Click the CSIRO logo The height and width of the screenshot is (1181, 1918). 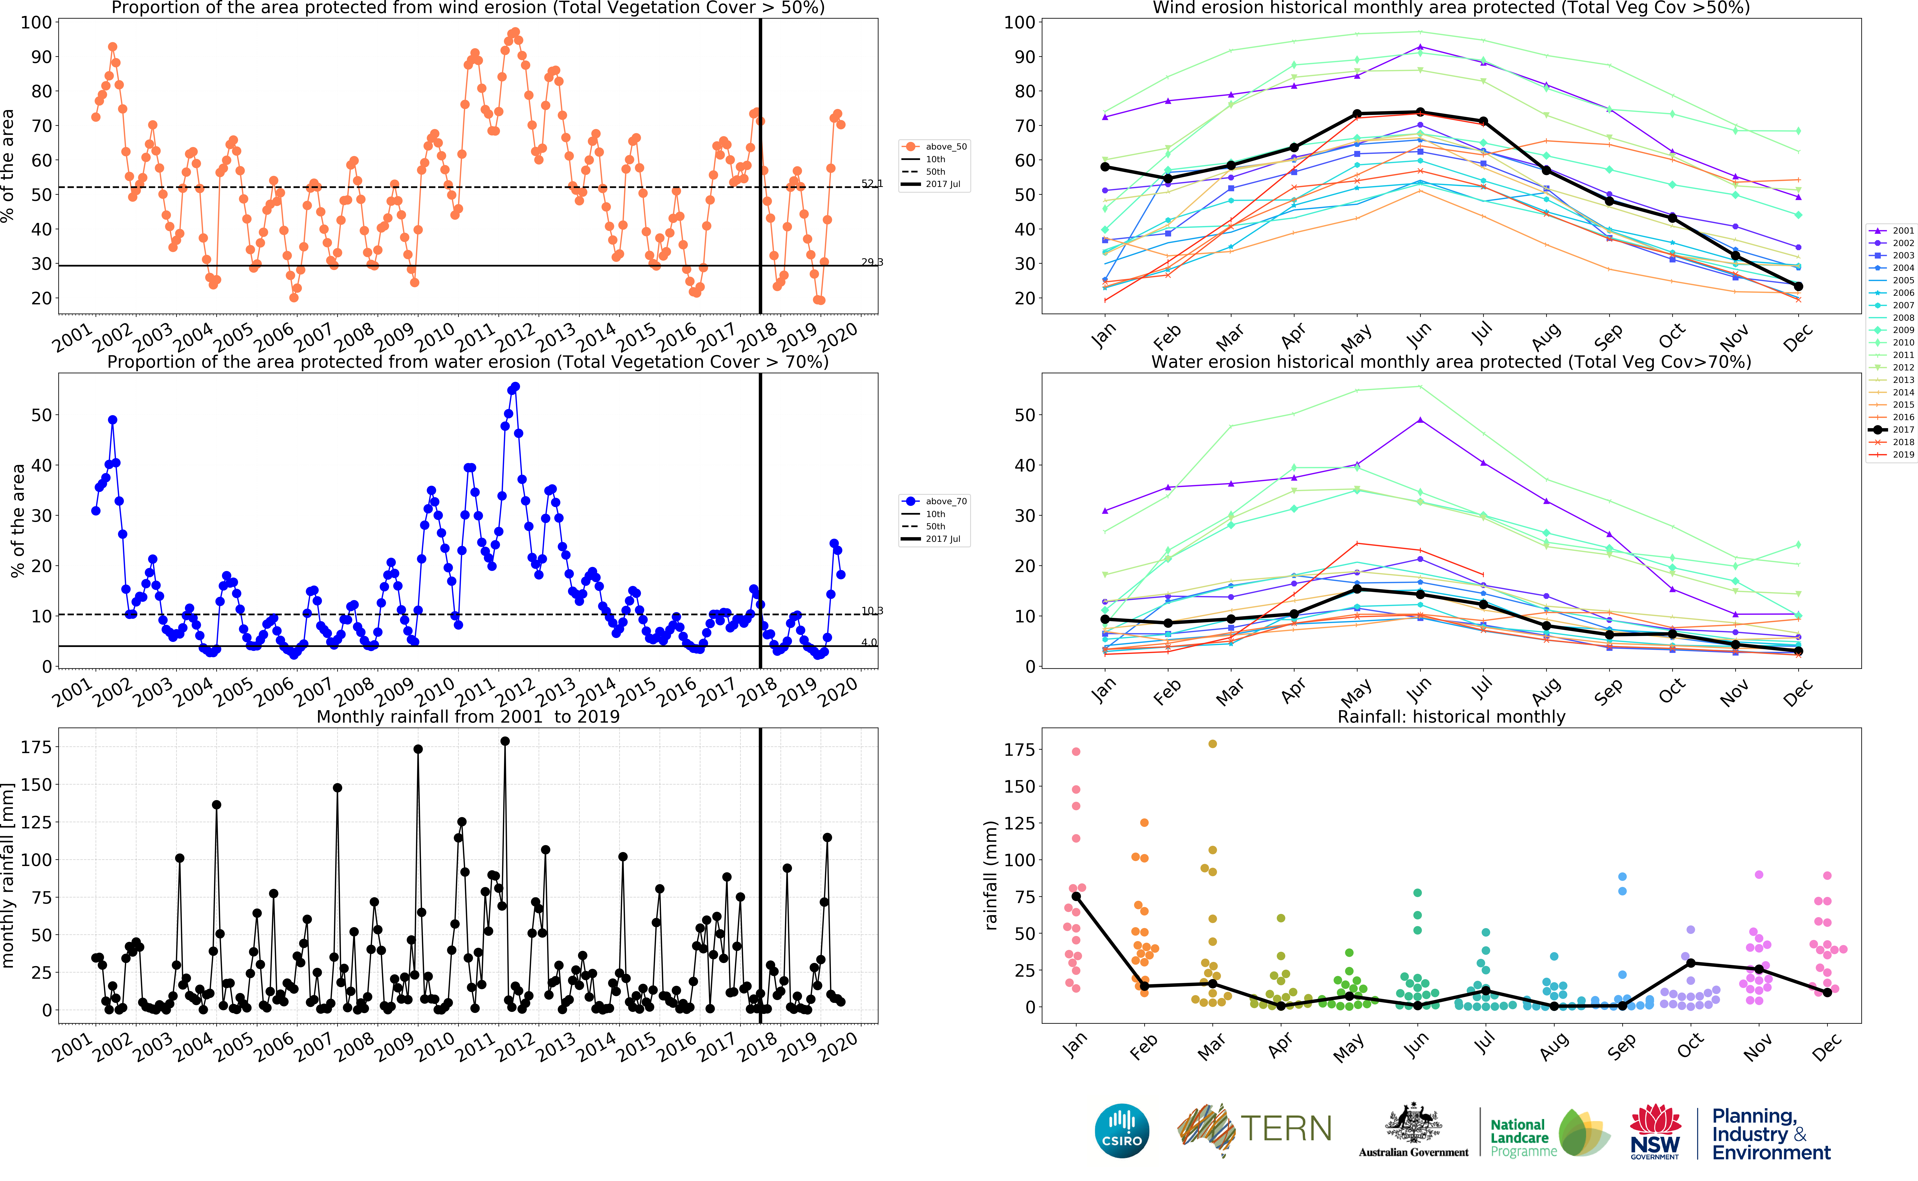point(1122,1131)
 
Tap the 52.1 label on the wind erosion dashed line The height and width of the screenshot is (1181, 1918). point(871,183)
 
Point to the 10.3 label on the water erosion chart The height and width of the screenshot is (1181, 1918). point(871,611)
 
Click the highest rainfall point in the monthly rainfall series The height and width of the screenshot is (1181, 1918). point(505,741)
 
